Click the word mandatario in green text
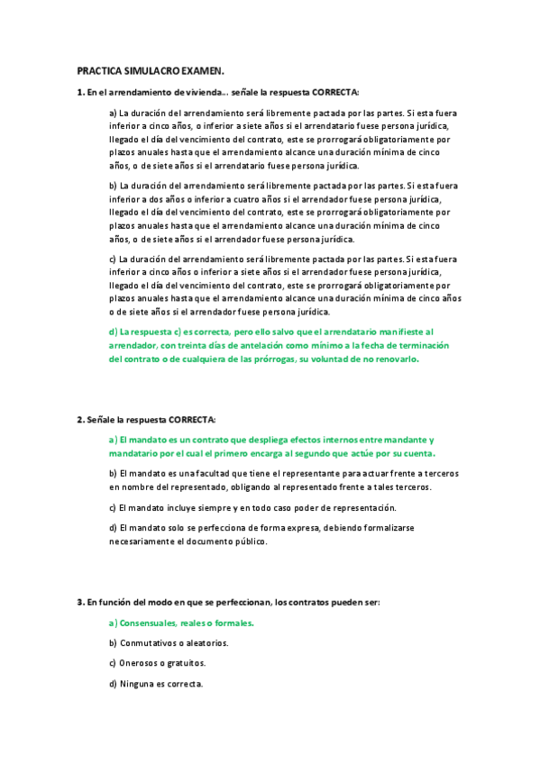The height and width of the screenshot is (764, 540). [134, 453]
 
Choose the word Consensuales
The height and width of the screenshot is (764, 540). [152, 623]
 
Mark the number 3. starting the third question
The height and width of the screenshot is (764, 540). [80, 601]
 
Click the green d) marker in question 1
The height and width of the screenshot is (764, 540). [113, 332]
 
